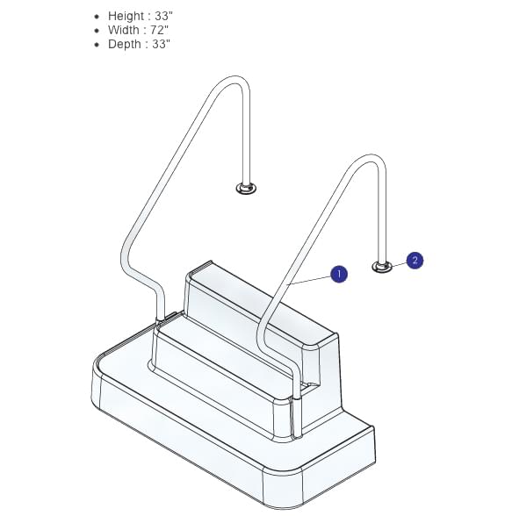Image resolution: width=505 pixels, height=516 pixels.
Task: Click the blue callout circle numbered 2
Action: point(415,260)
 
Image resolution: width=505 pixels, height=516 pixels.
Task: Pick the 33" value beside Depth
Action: point(160,44)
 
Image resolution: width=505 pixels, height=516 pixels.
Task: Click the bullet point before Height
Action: point(97,17)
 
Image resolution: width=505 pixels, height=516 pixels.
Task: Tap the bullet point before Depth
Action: point(97,45)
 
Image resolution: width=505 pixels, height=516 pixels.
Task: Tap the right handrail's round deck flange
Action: point(382,266)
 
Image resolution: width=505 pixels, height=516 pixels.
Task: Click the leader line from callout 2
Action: point(398,262)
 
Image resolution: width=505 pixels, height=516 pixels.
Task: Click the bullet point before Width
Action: point(97,31)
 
